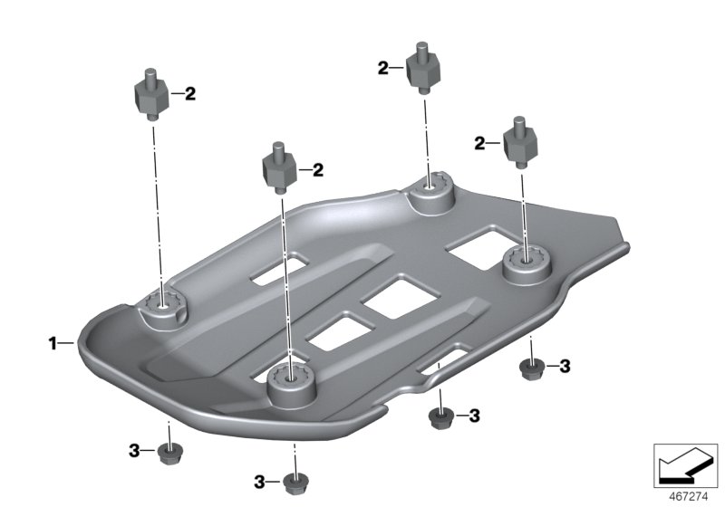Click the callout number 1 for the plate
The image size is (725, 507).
click(x=53, y=343)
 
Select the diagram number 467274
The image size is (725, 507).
click(x=689, y=497)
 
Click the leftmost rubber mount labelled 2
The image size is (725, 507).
click(x=150, y=94)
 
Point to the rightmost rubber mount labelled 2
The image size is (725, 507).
click(x=519, y=142)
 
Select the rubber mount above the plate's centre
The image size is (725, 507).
click(x=279, y=168)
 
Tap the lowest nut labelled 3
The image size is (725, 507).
click(x=295, y=483)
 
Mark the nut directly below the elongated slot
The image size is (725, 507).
click(x=440, y=418)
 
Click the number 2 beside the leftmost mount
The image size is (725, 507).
click(x=190, y=94)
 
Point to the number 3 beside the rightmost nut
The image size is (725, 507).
click(x=565, y=367)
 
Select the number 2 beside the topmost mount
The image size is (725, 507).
click(x=382, y=69)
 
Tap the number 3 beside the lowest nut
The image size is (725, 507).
click(x=259, y=483)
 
